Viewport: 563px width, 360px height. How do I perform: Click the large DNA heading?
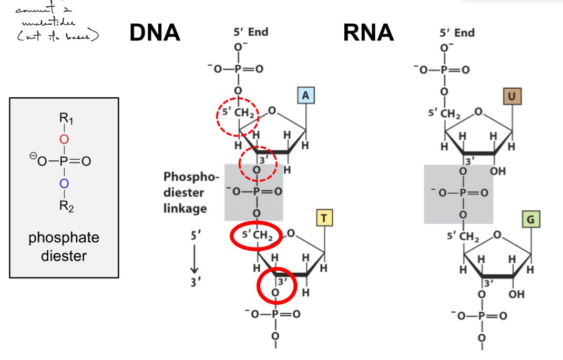click(155, 33)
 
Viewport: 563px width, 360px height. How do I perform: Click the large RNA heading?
click(368, 33)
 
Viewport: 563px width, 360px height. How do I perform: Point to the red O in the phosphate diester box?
click(63, 139)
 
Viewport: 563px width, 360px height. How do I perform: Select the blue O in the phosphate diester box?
click(63, 183)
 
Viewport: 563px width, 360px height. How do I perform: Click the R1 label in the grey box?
click(65, 118)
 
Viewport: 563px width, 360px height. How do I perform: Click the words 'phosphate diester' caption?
click(63, 246)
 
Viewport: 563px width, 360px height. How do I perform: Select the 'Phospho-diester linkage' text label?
click(185, 192)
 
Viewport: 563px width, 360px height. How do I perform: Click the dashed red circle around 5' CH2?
click(238, 116)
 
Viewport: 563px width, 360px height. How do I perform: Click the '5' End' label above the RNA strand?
click(457, 33)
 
